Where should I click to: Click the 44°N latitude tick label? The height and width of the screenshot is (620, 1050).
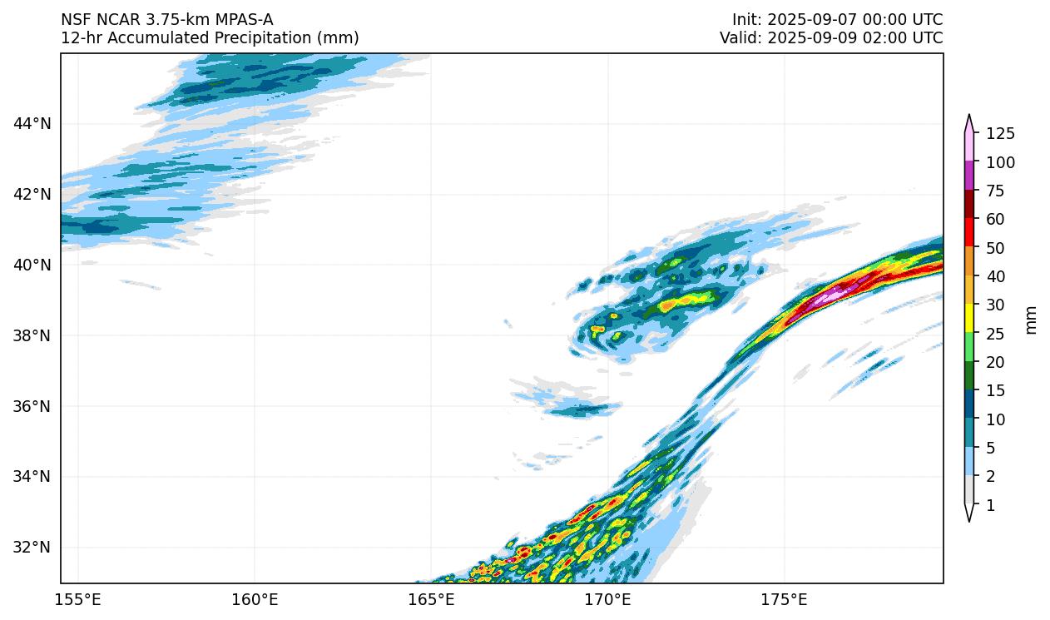click(32, 124)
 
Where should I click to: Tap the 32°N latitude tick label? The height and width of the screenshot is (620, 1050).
click(32, 548)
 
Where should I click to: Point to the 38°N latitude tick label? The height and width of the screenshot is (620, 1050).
click(32, 335)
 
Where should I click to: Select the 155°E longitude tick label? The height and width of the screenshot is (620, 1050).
click(78, 600)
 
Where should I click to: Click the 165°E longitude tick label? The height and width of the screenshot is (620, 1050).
click(432, 600)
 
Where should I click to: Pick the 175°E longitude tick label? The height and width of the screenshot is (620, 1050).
click(785, 600)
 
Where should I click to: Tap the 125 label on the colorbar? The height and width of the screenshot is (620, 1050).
click(1000, 134)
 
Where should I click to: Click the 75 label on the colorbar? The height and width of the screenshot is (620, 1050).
click(996, 191)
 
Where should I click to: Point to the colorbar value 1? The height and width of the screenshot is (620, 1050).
click(990, 505)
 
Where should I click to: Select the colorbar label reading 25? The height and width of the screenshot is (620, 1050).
click(996, 334)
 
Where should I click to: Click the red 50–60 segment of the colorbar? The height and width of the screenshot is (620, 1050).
click(969, 233)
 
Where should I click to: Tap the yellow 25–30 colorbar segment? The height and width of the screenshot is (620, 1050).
click(969, 320)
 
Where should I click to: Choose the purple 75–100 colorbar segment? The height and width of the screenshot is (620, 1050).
click(969, 176)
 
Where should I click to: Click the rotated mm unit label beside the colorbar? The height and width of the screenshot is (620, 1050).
click(1032, 320)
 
